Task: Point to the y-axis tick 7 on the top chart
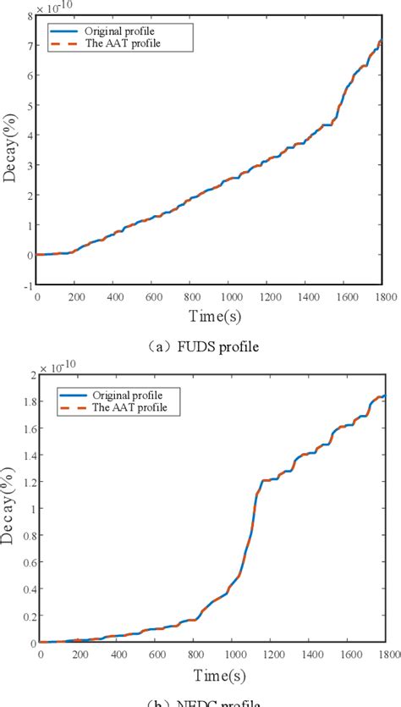coord(29,45)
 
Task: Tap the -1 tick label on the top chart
coord(27,285)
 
